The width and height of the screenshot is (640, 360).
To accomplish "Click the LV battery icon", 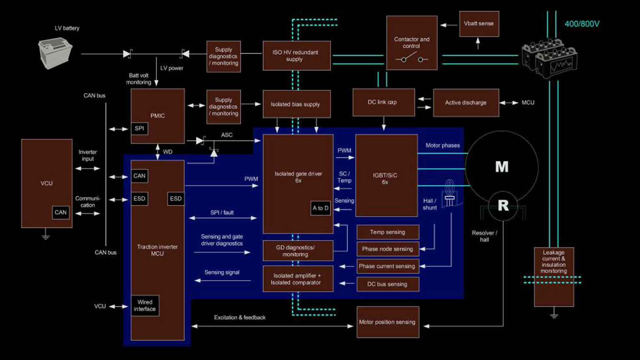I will (55, 53).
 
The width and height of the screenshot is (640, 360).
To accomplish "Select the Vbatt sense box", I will (479, 24).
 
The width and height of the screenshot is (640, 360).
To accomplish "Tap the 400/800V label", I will (582, 24).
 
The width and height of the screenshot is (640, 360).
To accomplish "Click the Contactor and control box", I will (412, 43).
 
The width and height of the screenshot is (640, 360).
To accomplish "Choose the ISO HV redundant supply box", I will (296, 55).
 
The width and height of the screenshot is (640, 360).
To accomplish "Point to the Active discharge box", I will (466, 102).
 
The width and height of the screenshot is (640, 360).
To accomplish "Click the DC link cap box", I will (383, 102).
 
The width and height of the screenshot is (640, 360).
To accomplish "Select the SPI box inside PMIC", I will (140, 128).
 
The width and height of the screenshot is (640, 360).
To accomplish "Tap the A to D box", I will (320, 208).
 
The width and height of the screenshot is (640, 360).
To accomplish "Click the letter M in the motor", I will (502, 167).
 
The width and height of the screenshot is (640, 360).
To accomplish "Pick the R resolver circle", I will (503, 205).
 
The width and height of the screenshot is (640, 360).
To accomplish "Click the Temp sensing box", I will (387, 232).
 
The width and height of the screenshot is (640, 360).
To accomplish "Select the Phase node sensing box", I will (387, 249).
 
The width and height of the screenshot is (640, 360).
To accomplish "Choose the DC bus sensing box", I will (387, 284).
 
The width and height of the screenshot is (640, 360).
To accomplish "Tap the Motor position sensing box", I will (387, 322).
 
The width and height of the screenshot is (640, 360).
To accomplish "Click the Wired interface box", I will (145, 305).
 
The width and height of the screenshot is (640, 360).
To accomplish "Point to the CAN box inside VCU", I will (61, 212).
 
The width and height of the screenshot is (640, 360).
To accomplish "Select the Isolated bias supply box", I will (296, 104).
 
